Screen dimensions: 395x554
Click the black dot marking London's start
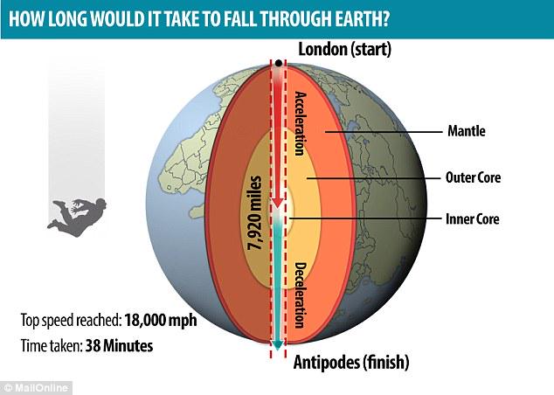279,65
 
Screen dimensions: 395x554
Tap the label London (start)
347,49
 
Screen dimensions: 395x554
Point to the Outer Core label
471,177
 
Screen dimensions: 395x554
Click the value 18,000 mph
160,319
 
